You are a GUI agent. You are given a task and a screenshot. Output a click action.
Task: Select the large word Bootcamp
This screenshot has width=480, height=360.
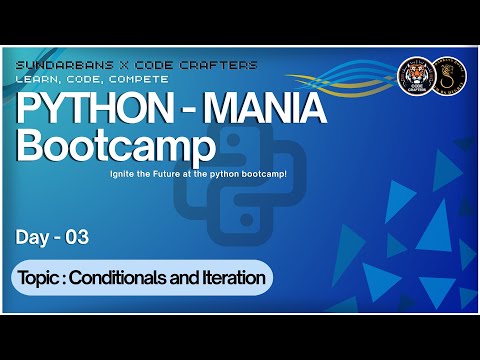click(x=116, y=147)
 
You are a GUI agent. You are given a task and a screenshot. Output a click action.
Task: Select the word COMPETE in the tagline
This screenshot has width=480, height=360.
click(x=139, y=78)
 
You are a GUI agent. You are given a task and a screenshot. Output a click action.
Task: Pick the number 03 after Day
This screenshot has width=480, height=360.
click(x=77, y=238)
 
